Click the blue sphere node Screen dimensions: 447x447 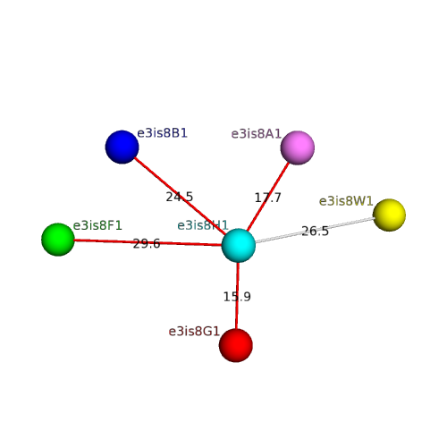(122, 147)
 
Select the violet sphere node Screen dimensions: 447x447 (298, 148)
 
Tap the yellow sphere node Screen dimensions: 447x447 (389, 215)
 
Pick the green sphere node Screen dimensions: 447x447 (58, 240)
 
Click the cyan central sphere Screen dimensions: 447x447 (239, 245)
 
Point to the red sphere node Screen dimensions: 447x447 (236, 345)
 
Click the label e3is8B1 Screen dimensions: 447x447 (162, 133)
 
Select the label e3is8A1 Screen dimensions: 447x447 (257, 134)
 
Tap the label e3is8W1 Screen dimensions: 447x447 (346, 201)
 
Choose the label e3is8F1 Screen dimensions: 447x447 (97, 225)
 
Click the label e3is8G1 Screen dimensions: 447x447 (194, 332)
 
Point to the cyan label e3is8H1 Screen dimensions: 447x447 (203, 225)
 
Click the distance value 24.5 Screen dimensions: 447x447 (180, 197)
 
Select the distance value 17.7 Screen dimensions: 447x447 (267, 198)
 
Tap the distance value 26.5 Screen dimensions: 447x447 (315, 231)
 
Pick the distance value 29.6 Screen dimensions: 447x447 (147, 244)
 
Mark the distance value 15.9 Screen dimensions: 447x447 (237, 297)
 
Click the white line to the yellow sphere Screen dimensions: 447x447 (315, 230)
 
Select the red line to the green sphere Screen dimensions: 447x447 (148, 242)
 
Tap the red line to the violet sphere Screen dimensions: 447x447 (268, 197)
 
